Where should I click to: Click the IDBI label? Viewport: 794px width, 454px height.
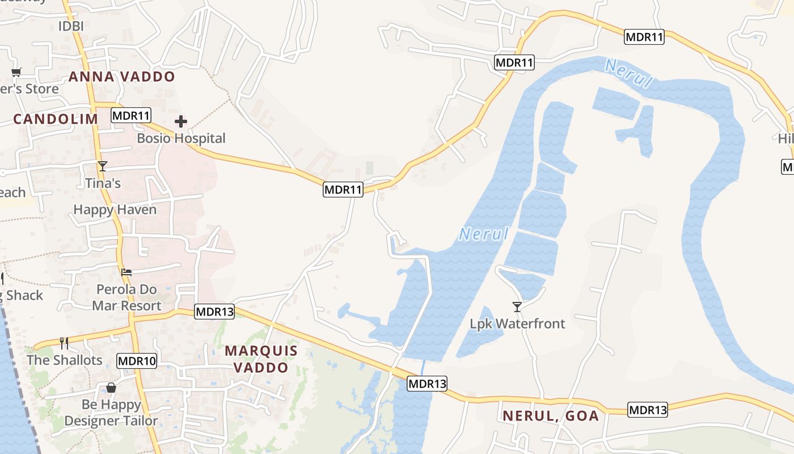click(71, 26)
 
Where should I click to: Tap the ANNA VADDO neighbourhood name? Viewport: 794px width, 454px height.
click(121, 77)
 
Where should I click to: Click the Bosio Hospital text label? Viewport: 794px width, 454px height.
click(181, 138)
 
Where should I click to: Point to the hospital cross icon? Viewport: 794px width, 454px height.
click(181, 121)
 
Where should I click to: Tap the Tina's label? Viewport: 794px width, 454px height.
click(103, 183)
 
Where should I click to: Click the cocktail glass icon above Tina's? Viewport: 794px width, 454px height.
click(103, 166)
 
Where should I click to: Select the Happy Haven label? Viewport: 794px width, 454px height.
click(115, 209)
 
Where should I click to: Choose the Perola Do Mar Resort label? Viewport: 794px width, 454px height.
click(126, 297)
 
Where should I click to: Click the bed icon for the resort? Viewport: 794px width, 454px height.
click(126, 272)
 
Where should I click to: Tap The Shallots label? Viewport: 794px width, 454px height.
click(64, 360)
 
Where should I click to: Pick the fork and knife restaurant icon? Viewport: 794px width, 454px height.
click(64, 343)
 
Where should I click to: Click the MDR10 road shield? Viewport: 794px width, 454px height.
click(137, 360)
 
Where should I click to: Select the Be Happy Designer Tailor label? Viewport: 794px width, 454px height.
click(111, 413)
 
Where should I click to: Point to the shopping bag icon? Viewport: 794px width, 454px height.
click(111, 388)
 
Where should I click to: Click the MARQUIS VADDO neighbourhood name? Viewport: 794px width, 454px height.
click(261, 359)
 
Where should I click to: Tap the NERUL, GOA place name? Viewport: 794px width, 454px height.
click(550, 415)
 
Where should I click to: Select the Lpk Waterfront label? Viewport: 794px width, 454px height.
click(517, 323)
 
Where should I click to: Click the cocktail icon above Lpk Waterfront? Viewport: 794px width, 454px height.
click(517, 307)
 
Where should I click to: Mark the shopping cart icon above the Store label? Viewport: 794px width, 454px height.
click(16, 72)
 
